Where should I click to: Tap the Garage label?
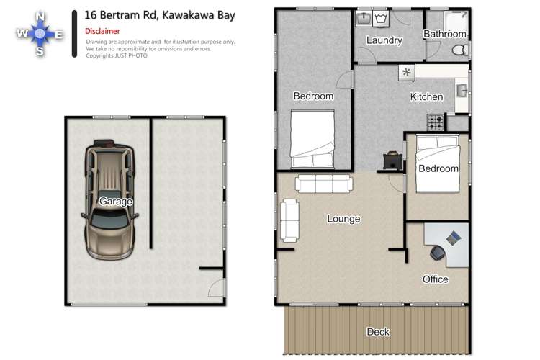click(x=116, y=202)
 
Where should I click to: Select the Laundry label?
click(x=384, y=40)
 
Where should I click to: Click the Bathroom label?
click(x=444, y=34)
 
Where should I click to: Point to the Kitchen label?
click(x=426, y=97)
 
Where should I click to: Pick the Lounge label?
click(x=343, y=219)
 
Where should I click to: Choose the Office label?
click(x=435, y=279)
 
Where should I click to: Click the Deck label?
click(x=378, y=332)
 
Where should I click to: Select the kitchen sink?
click(x=462, y=90)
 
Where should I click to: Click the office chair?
click(x=438, y=253)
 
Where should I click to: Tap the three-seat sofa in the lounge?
click(x=323, y=184)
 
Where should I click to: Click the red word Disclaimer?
click(x=102, y=32)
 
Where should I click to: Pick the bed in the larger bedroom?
click(x=312, y=138)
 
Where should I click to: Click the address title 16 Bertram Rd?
click(x=159, y=14)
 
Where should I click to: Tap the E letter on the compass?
click(x=60, y=34)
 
